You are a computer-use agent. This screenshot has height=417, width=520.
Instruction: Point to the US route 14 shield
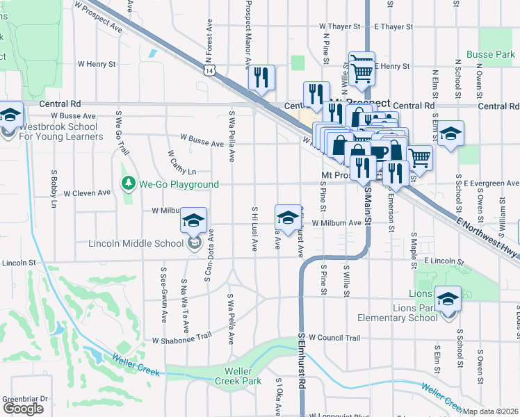click(x=209, y=69)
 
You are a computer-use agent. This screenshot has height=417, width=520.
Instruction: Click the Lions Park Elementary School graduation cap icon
click(x=448, y=298)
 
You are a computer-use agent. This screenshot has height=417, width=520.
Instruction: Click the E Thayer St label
click(x=393, y=26)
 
